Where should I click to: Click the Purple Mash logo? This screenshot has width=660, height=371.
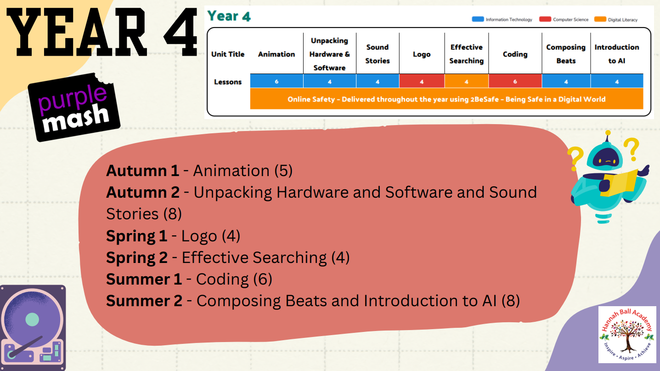pos(74,108)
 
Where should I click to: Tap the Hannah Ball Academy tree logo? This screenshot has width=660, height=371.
pos(627,334)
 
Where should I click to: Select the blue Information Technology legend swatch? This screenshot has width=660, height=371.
pos(478,19)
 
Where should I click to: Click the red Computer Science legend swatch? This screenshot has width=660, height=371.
pos(545,19)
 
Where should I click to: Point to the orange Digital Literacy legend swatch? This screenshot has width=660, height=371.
pos(600,19)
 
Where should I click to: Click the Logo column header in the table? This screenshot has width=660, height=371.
pos(422,54)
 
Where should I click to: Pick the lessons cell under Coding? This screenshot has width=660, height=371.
pos(515,81)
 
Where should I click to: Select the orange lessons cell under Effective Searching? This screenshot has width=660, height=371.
pos(467,81)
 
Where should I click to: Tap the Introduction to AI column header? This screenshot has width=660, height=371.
pos(617,54)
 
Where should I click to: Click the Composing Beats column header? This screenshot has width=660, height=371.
pos(566,54)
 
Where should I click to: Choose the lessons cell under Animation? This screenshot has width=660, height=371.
pos(276,81)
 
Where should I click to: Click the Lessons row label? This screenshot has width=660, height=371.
pos(228,82)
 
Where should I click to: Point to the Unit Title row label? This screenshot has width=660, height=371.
pos(228,54)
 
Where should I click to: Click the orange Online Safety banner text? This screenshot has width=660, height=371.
pos(446,99)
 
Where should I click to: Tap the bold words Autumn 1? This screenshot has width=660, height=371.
pos(142,171)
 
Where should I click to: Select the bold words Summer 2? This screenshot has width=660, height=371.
pos(144,301)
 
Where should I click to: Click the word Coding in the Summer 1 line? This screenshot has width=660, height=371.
pos(222,280)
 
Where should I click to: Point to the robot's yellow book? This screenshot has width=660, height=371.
pos(619,183)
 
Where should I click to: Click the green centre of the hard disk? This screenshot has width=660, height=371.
pos(32,320)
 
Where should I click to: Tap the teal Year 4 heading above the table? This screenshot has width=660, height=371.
pos(229,16)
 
